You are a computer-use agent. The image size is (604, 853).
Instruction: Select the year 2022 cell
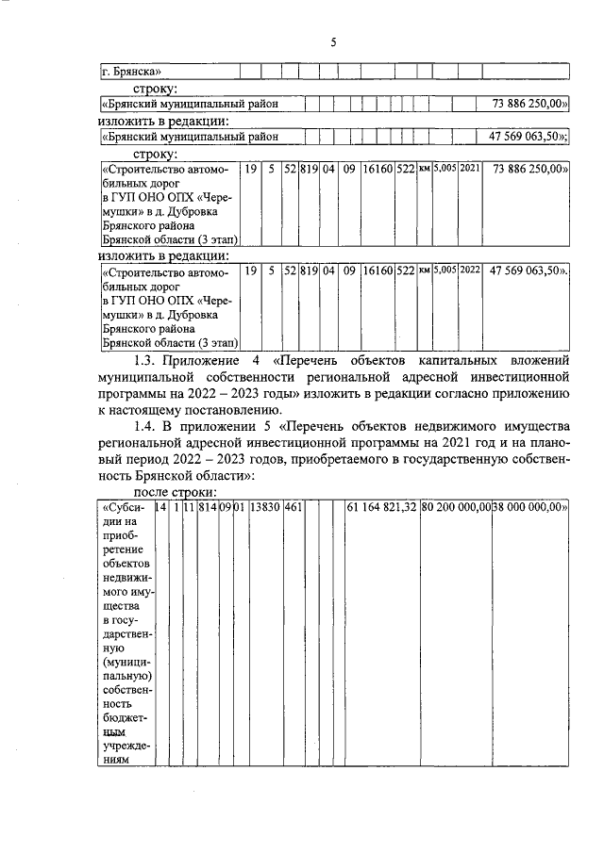[x=470, y=271]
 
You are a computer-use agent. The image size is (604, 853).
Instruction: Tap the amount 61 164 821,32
[x=381, y=509]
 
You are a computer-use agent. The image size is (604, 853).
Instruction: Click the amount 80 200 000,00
[x=456, y=509]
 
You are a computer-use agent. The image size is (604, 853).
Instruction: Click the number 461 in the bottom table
[x=293, y=509]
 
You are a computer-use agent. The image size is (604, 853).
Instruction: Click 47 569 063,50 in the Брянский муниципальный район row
[x=528, y=137]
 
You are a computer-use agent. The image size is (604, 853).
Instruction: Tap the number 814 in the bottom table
[x=208, y=509]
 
